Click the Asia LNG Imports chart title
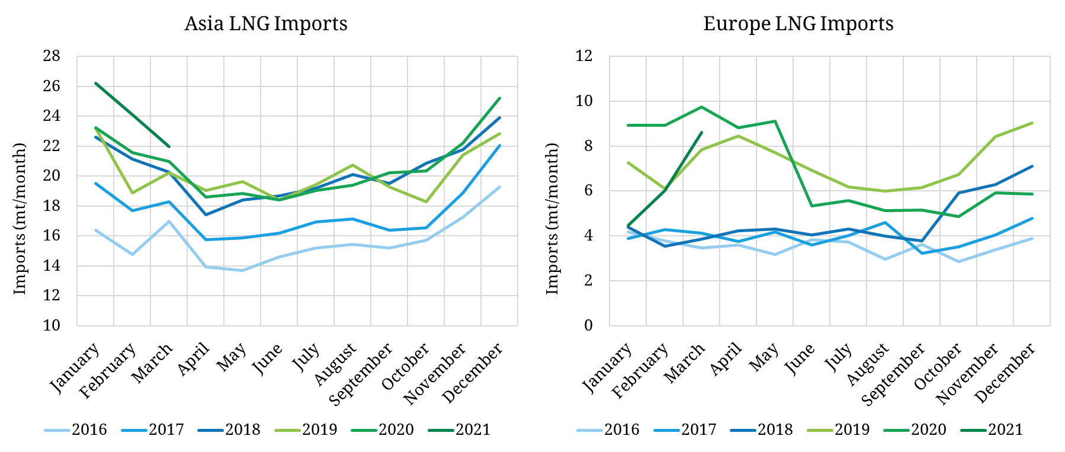click(266, 24)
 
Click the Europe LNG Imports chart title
click(798, 24)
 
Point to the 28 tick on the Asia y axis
click(52, 56)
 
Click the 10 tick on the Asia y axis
click(52, 325)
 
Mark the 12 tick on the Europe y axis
click(584, 56)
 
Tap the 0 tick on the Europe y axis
click(588, 325)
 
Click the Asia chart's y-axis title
click(20, 219)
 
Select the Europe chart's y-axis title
click(552, 219)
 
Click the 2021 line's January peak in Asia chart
click(95, 83)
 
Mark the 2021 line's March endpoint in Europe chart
click(701, 133)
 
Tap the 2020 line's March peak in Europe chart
click(701, 107)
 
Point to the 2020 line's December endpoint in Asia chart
click(499, 98)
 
